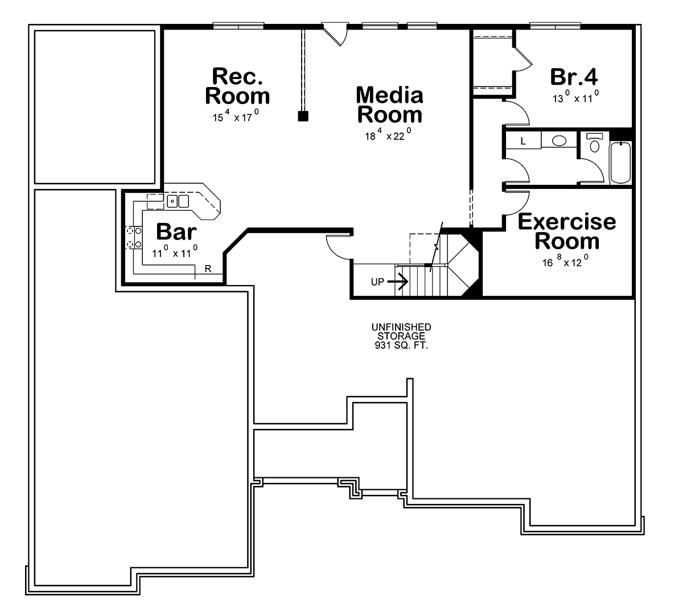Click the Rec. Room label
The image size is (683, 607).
(237, 86)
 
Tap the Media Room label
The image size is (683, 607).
(389, 105)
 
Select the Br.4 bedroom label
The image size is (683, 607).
(574, 77)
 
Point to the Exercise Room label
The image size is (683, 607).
(567, 231)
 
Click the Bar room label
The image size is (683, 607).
(176, 232)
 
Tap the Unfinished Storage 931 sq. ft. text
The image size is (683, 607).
(401, 336)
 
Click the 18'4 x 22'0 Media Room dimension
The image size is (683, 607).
(388, 134)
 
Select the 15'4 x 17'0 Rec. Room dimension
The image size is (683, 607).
(236, 115)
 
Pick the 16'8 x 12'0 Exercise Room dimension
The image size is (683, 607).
(565, 261)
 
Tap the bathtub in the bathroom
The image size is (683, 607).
(620, 163)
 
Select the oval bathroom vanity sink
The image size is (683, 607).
(559, 141)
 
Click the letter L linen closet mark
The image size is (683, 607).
(523, 141)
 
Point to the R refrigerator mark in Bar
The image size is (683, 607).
(208, 269)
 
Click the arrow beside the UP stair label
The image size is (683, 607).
(398, 281)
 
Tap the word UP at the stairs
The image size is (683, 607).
(377, 282)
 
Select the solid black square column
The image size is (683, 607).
(303, 116)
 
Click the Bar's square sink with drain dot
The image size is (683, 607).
(172, 201)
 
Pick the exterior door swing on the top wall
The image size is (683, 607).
(334, 34)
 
